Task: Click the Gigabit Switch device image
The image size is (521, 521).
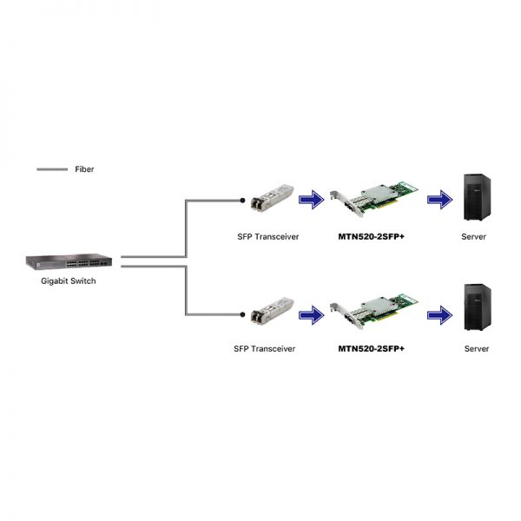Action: pos(69,262)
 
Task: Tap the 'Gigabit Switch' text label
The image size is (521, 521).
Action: pos(69,281)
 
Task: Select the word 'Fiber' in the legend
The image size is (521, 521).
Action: pos(84,169)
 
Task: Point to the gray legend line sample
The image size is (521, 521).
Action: pos(52,169)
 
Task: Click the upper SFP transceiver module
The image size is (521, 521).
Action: pos(272,197)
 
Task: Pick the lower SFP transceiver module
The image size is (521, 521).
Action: pos(272,311)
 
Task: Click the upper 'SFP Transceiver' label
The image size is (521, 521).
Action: pos(268,236)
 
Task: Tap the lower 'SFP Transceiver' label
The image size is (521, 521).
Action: pos(265,348)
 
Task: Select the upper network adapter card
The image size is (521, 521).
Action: pos(373,199)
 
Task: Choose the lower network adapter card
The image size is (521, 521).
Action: pos(373,312)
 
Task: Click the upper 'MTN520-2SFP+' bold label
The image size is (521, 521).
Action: pos(371,236)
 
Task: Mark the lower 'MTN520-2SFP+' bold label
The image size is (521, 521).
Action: pos(371,348)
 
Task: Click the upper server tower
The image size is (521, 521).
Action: pos(477,197)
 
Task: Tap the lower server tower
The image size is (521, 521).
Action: pos(478,307)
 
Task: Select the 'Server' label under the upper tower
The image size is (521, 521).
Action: pos(473,236)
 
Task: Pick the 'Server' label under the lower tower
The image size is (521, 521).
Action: pos(477,348)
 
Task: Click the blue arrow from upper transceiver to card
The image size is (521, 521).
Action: pos(312,200)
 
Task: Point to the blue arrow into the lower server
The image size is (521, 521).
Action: pos(439,315)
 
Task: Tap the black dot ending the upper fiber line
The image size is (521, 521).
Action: pos(242,200)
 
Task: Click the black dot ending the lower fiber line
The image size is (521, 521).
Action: pos(242,314)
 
